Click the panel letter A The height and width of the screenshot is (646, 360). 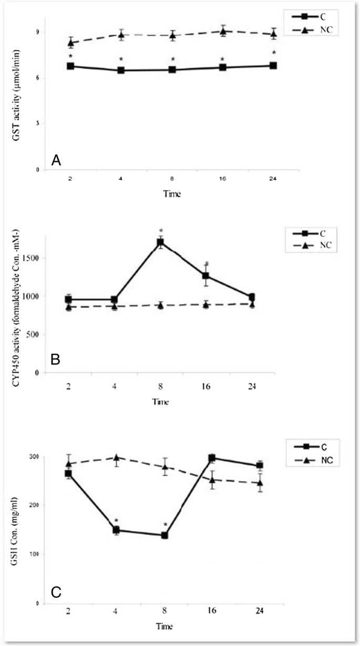pos(56,161)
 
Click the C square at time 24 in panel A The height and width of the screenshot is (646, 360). pos(273,66)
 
